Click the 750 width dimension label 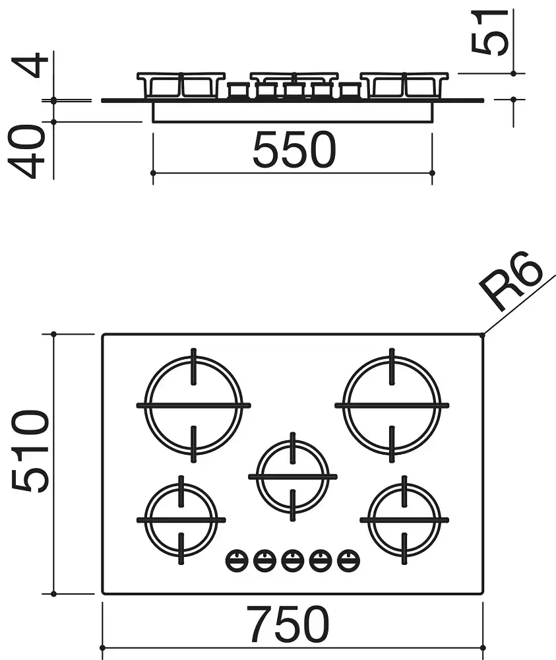288,624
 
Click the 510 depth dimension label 30,451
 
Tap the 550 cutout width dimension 294,149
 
